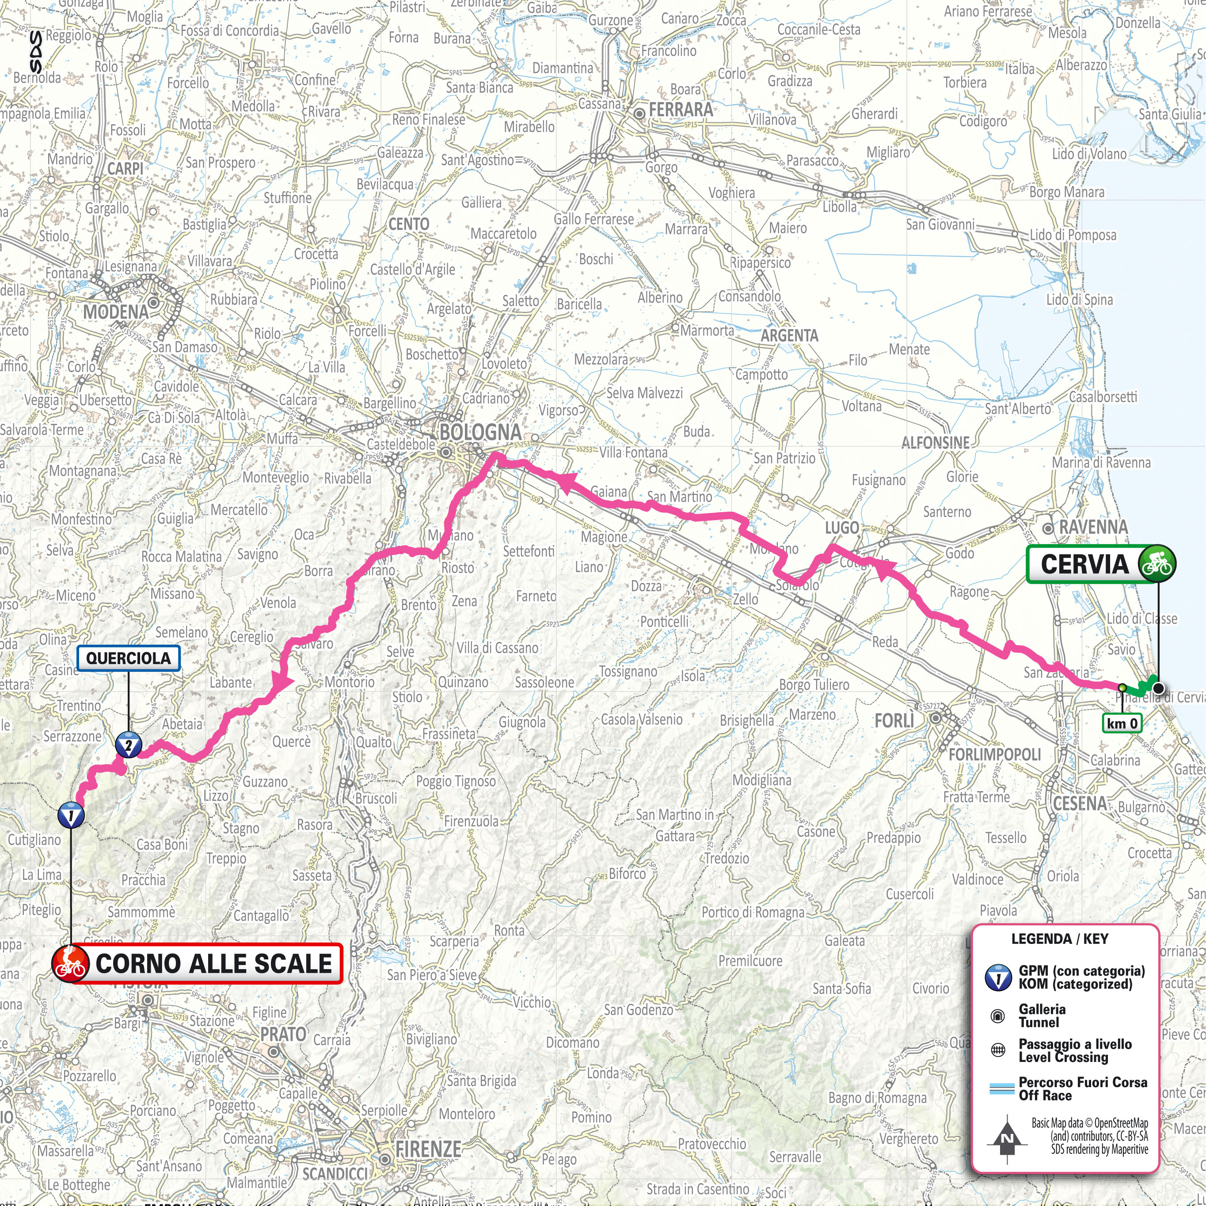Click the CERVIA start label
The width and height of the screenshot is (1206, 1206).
[1084, 564]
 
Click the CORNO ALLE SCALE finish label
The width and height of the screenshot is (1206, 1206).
[213, 963]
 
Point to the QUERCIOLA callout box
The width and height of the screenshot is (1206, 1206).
[128, 658]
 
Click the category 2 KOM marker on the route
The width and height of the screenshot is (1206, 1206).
[129, 745]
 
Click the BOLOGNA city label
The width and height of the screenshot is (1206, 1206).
[480, 432]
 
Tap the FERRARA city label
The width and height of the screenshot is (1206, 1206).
[681, 110]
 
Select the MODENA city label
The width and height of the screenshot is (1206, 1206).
[116, 312]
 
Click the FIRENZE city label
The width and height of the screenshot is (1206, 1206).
[428, 1149]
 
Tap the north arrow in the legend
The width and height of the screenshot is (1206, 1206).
[1007, 1140]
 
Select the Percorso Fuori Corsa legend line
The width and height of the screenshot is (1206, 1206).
[1001, 1088]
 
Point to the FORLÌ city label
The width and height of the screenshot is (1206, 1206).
[894, 721]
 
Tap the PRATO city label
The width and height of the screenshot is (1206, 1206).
[283, 1034]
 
